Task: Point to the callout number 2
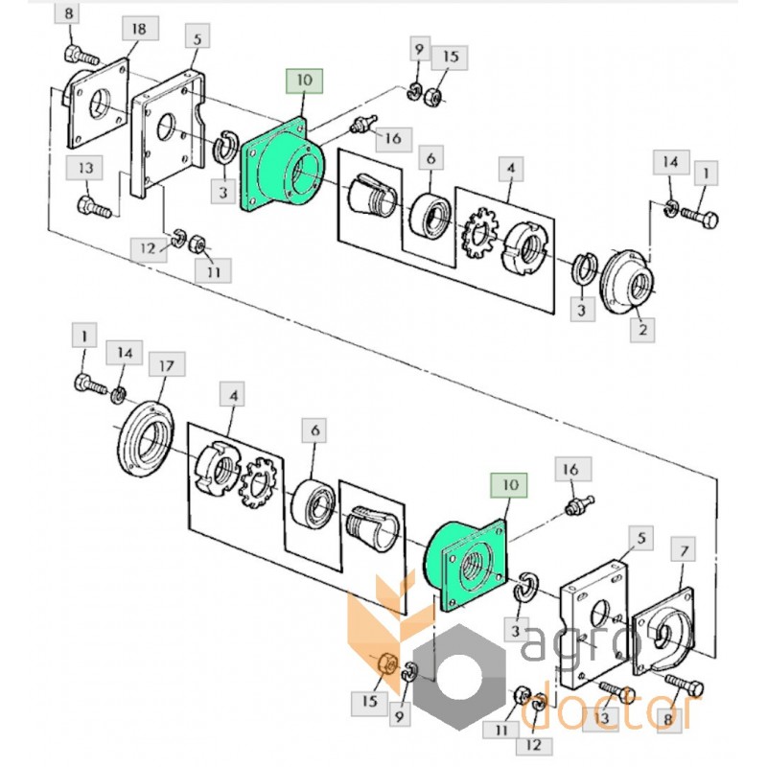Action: click(641, 330)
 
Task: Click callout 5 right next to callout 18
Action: click(197, 40)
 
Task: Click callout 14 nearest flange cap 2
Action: click(669, 160)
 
